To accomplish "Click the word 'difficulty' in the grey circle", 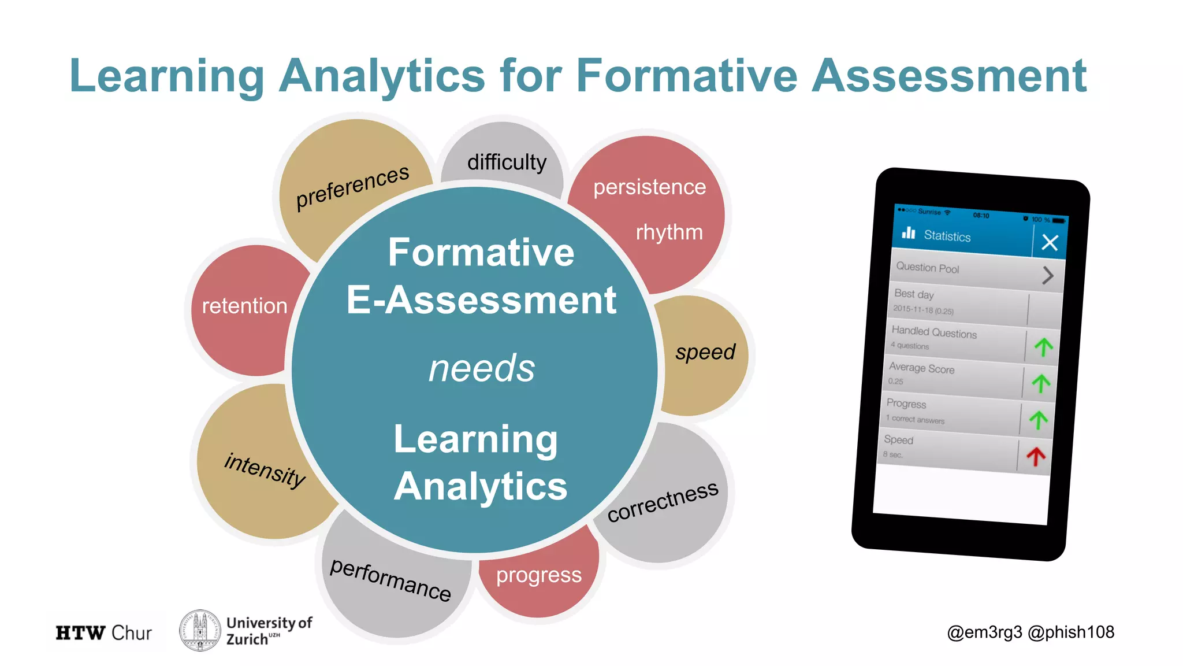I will point(507,162).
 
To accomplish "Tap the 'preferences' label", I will point(352,186).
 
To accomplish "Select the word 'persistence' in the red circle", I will point(649,187).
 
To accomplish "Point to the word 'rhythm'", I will point(669,232).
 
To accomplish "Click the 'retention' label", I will point(244,306).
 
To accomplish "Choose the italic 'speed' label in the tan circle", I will point(705,352).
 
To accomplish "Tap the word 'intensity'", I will point(265,469).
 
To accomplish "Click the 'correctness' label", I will point(663,501).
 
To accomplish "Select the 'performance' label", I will point(390,579).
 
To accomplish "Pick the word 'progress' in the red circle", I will point(538,575).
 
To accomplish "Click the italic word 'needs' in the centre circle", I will point(482,368).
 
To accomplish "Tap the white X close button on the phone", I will point(1050,242).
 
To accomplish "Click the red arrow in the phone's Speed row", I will point(1036,457).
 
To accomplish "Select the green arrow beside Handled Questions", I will point(1043,347).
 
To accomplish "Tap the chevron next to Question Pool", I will point(1048,275).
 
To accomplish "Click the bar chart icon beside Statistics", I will point(909,232).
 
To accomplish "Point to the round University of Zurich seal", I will point(200,631).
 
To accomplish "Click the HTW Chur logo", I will point(104,633).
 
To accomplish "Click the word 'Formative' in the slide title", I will point(687,76).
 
